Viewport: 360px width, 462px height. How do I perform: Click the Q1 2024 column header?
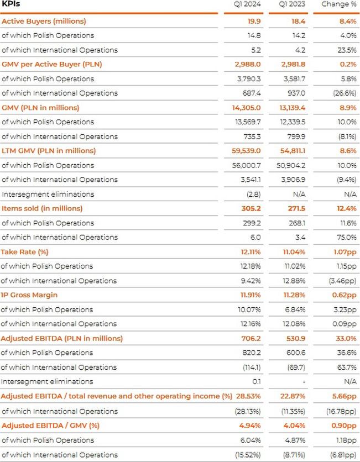[x=246, y=4]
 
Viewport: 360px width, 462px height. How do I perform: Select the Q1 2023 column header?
[x=291, y=4]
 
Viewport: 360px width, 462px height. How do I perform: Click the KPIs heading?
[x=12, y=4]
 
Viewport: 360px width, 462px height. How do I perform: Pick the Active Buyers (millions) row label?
[x=44, y=21]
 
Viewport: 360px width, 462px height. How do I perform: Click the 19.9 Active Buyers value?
[x=253, y=21]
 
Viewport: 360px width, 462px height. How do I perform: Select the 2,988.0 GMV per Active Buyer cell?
[x=246, y=64]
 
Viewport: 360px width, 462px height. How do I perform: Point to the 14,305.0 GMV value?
[x=245, y=107]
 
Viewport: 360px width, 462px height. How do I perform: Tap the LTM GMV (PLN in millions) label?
[x=49, y=150]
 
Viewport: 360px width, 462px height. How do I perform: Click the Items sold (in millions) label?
[x=42, y=208]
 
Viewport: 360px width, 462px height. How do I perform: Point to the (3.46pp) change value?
[x=342, y=280]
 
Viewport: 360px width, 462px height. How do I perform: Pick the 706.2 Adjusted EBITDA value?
[x=251, y=338]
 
